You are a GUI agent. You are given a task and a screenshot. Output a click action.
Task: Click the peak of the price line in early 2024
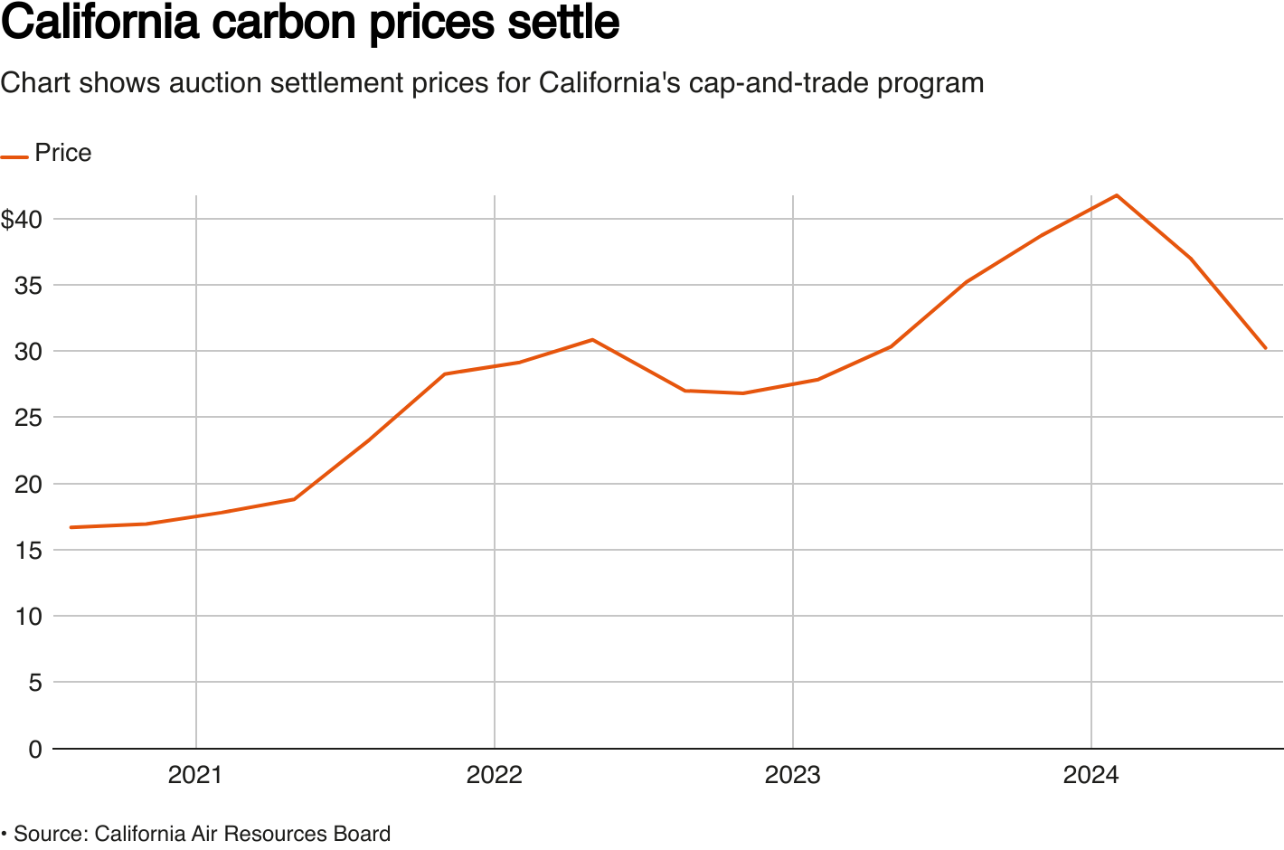[1117, 195]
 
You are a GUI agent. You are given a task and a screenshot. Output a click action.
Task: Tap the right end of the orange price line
[1265, 348]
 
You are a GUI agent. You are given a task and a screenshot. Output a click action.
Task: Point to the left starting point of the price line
[71, 527]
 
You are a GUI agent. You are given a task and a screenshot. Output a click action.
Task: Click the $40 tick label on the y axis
[22, 219]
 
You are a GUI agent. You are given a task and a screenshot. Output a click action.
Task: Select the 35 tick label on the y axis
[28, 286]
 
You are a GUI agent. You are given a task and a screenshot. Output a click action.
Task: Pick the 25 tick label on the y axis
[28, 418]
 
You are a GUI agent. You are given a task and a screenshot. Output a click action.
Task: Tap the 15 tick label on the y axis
[28, 550]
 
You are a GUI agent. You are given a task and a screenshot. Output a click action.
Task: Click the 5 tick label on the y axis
[35, 683]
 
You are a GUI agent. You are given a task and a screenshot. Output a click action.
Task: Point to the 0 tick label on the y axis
[35, 749]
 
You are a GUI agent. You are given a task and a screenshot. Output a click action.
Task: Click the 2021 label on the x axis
[195, 775]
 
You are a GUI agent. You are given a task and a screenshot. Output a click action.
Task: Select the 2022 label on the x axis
[494, 775]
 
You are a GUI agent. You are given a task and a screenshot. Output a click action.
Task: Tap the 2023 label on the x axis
[792, 775]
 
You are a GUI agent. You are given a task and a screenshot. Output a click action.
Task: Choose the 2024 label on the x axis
[1090, 775]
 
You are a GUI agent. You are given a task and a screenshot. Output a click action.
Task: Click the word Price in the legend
[63, 153]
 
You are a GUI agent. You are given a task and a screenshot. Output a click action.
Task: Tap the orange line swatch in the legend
[14, 156]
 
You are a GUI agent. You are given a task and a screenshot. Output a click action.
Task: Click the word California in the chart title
[99, 24]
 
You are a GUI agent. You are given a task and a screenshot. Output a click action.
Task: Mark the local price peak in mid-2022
[592, 340]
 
